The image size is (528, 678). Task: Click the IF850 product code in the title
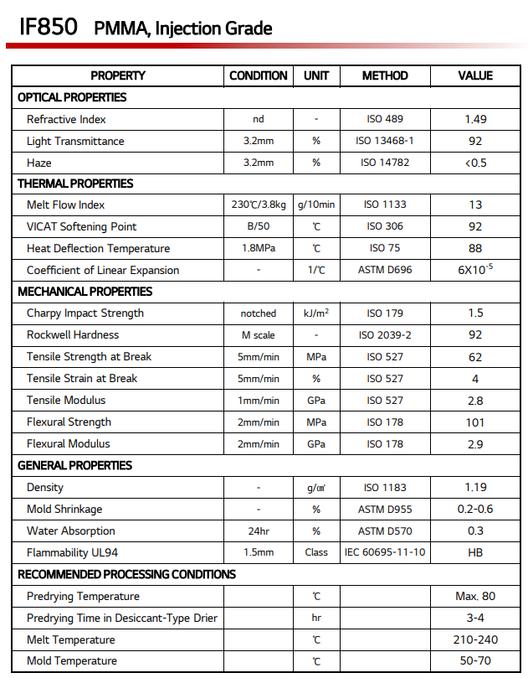tap(49, 26)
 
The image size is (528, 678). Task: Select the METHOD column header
tap(385, 75)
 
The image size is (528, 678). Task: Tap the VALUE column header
tap(475, 75)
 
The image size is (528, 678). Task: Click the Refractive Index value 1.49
tap(475, 119)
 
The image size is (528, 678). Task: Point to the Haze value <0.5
tap(475, 163)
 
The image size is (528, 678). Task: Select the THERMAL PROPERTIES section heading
tap(75, 184)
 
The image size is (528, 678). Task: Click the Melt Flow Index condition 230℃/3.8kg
tap(259, 205)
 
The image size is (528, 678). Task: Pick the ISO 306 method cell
tap(385, 227)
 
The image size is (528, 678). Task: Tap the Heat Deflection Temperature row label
tap(98, 248)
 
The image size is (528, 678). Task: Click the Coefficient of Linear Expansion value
tap(475, 270)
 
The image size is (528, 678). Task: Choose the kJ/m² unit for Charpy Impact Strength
tap(316, 313)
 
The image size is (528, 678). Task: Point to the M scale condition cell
tap(259, 335)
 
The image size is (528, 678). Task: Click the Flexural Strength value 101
tap(475, 422)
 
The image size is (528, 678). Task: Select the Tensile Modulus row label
tap(67, 401)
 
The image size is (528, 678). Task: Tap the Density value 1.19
tap(475, 488)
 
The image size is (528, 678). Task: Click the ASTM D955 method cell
tap(385, 510)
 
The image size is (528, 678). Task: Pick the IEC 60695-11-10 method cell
tap(385, 553)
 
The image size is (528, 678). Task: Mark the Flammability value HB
tap(475, 553)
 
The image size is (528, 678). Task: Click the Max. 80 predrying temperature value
tap(475, 597)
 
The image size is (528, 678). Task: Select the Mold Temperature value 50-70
tap(475, 661)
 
